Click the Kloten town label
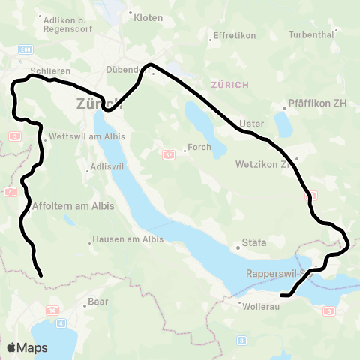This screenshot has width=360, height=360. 148,17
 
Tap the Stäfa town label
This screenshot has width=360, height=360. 254,242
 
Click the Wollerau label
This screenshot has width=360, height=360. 259,305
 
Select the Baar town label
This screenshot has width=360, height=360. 98,301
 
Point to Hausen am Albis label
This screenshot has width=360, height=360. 127,240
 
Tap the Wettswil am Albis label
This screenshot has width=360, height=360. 82,137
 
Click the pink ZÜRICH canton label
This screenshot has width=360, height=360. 231,84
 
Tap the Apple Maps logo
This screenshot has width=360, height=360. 27,347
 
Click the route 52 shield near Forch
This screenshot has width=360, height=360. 169,154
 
